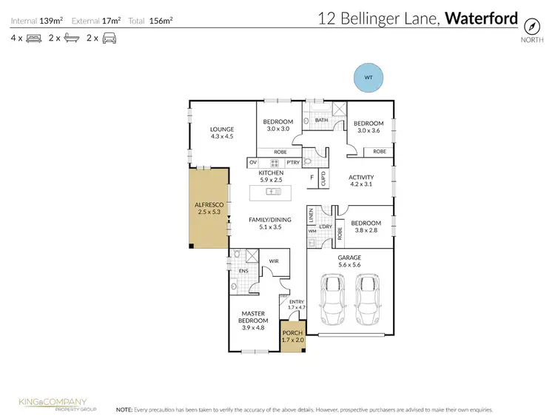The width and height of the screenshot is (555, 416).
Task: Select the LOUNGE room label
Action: (222, 129)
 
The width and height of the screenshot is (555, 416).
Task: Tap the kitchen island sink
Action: (272, 192)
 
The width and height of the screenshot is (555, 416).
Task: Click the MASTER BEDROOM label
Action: (253, 317)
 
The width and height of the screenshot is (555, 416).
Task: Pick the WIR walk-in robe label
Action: (273, 261)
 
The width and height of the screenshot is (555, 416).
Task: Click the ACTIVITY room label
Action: (361, 177)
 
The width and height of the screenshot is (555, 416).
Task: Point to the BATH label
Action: (321, 120)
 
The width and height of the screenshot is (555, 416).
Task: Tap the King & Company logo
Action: (53, 403)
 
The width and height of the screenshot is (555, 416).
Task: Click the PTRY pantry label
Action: (293, 162)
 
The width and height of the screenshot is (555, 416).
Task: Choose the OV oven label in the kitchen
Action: (253, 162)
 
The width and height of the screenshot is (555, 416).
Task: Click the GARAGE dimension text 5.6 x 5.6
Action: (350, 265)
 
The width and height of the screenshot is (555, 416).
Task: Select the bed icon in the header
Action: (33, 37)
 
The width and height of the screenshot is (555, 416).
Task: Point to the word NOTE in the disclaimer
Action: (125, 409)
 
